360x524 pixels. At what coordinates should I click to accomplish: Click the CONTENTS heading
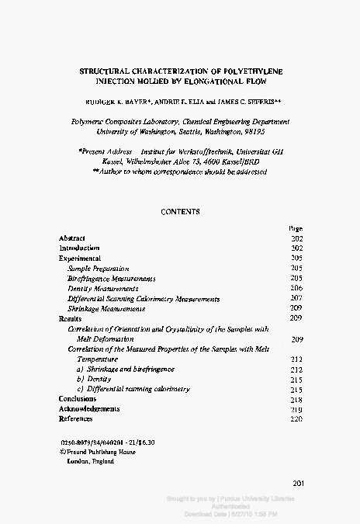pos(180,211)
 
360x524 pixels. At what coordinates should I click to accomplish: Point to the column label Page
pos(295,228)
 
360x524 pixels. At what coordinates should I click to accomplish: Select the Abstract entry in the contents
pos(72,238)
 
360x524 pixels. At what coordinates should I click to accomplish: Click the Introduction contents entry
pos(79,248)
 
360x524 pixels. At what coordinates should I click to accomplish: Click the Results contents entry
pos(70,318)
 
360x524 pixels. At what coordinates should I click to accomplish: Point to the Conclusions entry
pos(78,399)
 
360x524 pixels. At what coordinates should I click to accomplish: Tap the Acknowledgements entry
pos(89,409)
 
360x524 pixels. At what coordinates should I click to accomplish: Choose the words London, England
pos(92,461)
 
